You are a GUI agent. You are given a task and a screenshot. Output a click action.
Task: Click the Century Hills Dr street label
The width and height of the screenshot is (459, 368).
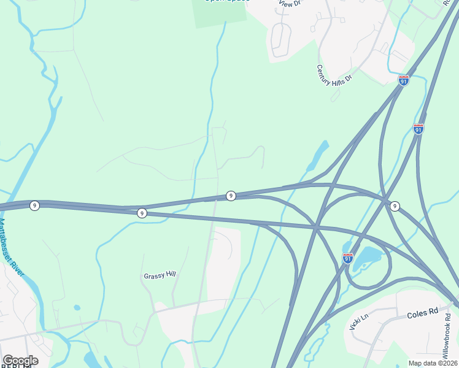click(334, 74)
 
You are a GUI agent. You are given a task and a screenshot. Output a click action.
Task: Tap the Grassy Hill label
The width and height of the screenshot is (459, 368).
click(160, 275)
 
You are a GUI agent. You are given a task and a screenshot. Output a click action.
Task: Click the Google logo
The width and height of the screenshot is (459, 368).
click(20, 361)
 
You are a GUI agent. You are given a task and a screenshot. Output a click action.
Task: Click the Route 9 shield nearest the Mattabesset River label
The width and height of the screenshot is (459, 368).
click(35, 205)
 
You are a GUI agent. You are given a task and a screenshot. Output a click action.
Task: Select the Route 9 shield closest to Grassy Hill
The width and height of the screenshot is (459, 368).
click(142, 213)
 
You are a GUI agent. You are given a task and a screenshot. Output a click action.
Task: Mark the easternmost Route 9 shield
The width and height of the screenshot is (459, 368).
click(395, 206)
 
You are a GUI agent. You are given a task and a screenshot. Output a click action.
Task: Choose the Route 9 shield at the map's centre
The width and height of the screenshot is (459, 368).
click(231, 196)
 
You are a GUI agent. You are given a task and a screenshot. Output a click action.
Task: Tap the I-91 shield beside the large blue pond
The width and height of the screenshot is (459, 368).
click(348, 259)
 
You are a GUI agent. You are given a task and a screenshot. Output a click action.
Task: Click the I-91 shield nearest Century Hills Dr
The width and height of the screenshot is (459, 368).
click(403, 80)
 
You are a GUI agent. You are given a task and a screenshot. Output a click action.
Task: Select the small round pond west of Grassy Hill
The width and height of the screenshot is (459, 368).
click(77, 307)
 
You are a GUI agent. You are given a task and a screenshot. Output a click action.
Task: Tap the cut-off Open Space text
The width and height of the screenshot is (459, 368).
click(226, 2)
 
